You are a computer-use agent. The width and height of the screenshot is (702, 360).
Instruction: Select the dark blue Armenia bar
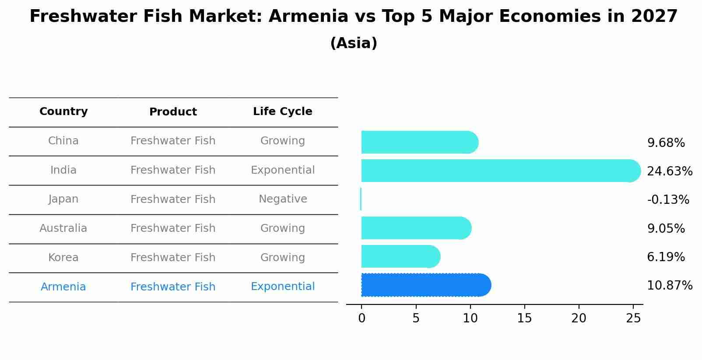[425, 285]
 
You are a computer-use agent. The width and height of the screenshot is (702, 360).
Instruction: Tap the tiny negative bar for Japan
[361, 199]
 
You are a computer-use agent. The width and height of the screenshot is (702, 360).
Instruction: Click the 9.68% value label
[666, 143]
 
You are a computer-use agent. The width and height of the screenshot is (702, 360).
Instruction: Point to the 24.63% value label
[670, 171]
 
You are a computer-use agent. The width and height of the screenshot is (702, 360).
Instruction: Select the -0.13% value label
[668, 200]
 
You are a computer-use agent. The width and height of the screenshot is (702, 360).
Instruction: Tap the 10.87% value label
[670, 286]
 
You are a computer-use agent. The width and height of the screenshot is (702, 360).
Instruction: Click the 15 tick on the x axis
[524, 318]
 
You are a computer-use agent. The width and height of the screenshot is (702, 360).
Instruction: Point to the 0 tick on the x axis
[362, 318]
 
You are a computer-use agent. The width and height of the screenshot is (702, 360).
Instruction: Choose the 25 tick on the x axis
[633, 318]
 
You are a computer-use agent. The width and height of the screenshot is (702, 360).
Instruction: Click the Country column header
[63, 112]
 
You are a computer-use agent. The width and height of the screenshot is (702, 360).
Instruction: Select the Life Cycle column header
[283, 112]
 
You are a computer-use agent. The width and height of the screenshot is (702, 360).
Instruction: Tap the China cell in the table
[63, 141]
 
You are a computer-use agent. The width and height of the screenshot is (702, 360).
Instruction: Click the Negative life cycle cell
[283, 199]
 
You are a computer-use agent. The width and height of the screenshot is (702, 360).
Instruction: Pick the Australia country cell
[63, 228]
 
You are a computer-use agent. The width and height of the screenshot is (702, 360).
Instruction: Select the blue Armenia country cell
[63, 287]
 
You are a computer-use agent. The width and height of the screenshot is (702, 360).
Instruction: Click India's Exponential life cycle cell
[283, 170]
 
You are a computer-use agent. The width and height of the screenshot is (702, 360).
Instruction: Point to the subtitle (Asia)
[354, 43]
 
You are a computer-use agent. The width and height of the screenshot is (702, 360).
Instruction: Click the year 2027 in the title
[654, 17]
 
